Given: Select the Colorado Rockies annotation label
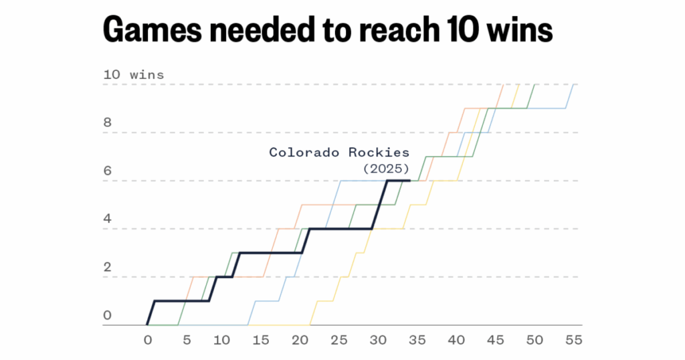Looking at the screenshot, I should [x=339, y=153].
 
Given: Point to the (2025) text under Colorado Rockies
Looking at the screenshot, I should [x=386, y=168].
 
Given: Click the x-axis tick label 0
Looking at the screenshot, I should [x=148, y=340].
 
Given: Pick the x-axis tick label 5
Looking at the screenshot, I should [x=186, y=340].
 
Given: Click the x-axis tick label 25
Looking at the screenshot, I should [x=340, y=340].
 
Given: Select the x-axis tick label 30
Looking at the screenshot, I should [x=379, y=340].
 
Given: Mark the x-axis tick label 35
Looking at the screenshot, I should [x=417, y=340].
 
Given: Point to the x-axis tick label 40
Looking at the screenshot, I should [x=456, y=340].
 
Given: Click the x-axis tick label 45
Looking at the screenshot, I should [x=495, y=340].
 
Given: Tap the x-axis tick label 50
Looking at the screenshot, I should [x=534, y=340].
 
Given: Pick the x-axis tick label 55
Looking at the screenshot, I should [x=573, y=340].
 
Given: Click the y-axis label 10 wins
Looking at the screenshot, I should [x=133, y=75].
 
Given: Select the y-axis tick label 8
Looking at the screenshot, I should [x=107, y=123].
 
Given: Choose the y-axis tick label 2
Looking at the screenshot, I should [x=107, y=268].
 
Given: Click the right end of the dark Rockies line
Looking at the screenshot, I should [x=409, y=181].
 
